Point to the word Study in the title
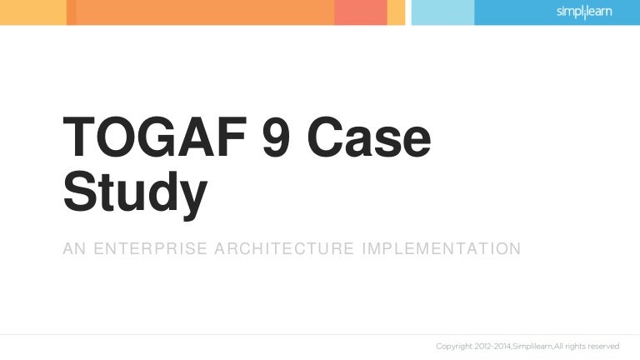(x=134, y=191)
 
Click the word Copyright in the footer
(x=455, y=346)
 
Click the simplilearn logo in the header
(x=583, y=12)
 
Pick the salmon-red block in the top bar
(x=360, y=12)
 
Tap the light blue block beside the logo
(x=442, y=12)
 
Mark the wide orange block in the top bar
(x=204, y=12)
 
